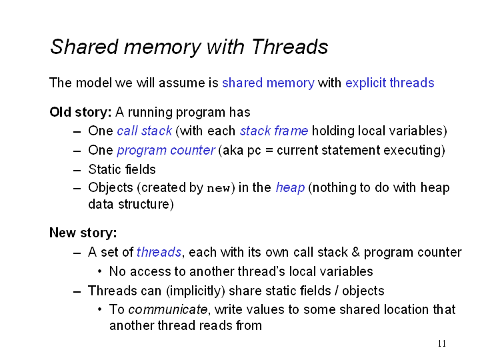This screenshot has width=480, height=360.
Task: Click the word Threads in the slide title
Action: [x=290, y=47]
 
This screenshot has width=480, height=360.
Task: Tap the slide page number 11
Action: [x=442, y=343]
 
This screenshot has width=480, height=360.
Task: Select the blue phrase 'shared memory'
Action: [x=268, y=83]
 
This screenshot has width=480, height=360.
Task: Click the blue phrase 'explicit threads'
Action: [x=390, y=83]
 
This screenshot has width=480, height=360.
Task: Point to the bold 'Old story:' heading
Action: [x=81, y=112]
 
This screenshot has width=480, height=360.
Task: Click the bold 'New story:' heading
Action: [x=83, y=233]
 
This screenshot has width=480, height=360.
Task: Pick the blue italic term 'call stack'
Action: [x=145, y=131]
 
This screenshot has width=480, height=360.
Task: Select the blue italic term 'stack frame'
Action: [x=274, y=131]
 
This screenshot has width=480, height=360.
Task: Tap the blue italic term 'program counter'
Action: [x=166, y=150]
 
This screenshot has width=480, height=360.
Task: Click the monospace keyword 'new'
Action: [x=218, y=188]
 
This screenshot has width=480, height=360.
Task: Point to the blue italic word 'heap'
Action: [x=290, y=187]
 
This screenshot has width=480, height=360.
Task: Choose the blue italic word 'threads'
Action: [x=159, y=252]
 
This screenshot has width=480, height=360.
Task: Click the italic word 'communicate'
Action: [x=168, y=309]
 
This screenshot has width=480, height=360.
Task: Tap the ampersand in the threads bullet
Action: [x=356, y=252]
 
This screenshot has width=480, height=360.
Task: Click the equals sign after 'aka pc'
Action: [x=269, y=151]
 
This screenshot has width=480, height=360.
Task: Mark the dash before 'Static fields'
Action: [x=77, y=170]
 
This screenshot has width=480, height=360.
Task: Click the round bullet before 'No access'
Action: [x=100, y=271]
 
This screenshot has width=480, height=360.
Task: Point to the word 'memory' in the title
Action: [x=162, y=47]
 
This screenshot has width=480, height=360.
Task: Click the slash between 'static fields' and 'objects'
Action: [x=337, y=291]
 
